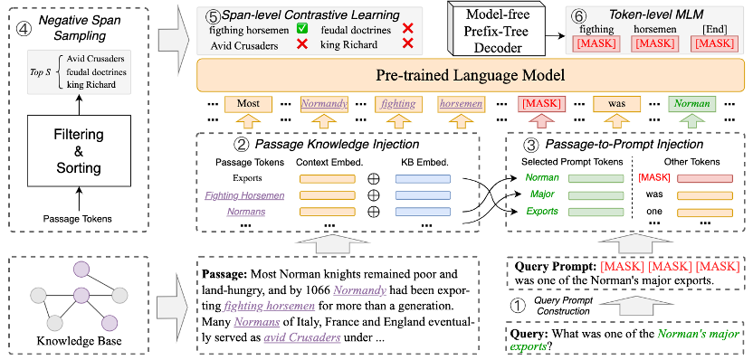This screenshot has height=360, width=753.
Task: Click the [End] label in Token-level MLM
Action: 709,28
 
